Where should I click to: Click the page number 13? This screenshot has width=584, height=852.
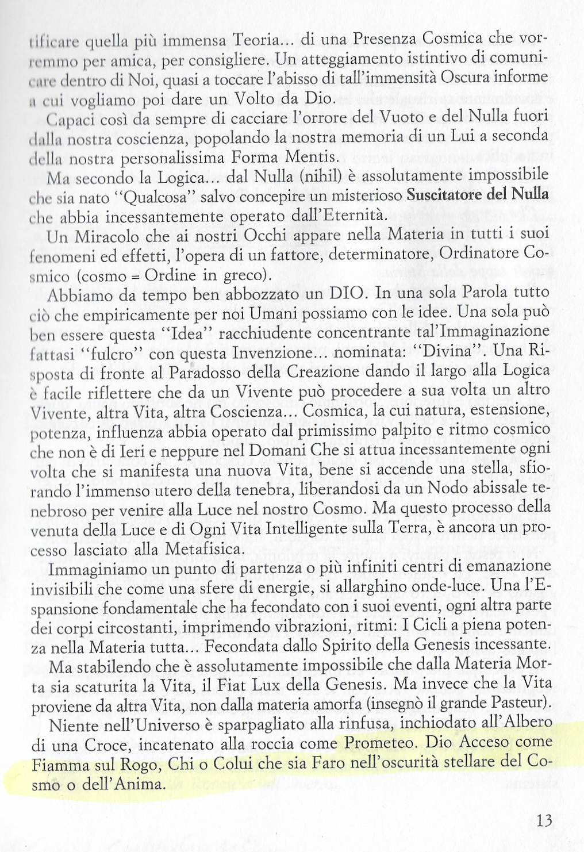click(544, 819)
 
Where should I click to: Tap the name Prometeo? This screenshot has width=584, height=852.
click(376, 743)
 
